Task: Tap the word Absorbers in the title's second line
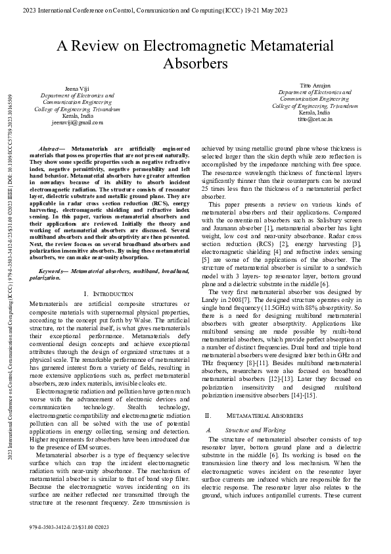(x=195, y=64)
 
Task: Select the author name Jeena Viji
(x=78, y=88)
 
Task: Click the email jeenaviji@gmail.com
(x=78, y=122)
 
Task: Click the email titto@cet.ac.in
(x=315, y=119)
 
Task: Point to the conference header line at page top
(x=195, y=11)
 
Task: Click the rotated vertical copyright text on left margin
(x=7, y=276)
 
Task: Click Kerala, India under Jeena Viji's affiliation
(x=78, y=116)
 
